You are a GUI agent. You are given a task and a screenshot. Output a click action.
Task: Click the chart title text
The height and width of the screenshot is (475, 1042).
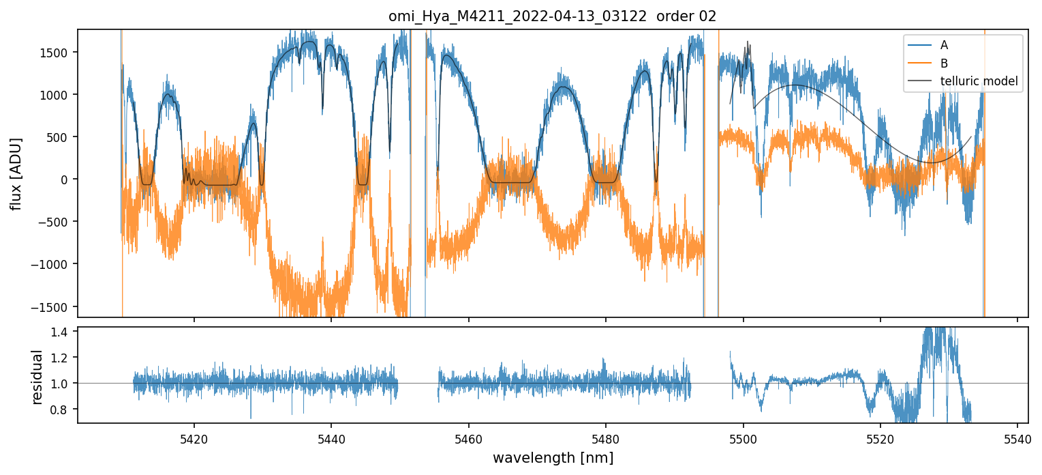coord(552,16)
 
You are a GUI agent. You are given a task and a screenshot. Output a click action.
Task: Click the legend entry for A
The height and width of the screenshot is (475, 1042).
coord(944,45)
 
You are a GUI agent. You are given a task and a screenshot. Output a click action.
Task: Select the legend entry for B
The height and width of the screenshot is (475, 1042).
coord(944,63)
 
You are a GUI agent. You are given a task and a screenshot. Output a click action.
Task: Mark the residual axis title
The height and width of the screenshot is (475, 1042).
coord(37,376)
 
